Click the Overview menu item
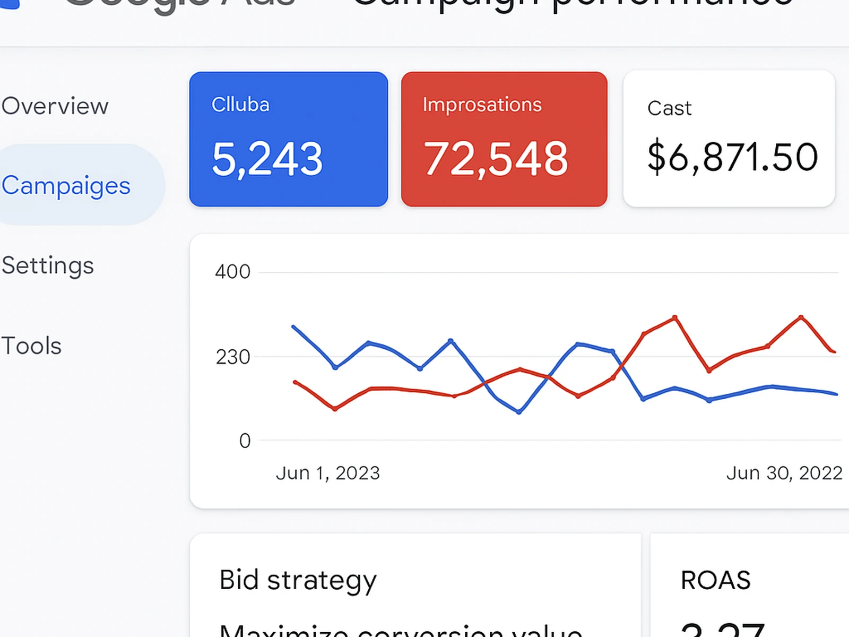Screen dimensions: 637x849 tap(55, 106)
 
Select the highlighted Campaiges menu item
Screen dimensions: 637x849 tap(66, 186)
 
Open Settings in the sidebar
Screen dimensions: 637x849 tap(48, 265)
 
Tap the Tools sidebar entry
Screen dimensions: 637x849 tap(32, 346)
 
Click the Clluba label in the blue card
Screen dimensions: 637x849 tap(240, 105)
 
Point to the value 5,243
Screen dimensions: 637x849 tap(267, 159)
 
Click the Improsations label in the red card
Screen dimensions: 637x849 tap(482, 105)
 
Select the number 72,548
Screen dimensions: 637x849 tap(496, 159)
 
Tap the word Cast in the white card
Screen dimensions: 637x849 tap(669, 108)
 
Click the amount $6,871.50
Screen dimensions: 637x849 tap(732, 157)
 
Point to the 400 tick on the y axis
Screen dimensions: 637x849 tap(232, 272)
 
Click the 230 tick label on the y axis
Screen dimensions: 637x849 tap(232, 357)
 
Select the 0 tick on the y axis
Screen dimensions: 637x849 tap(245, 441)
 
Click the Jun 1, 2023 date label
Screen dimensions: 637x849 tap(328, 473)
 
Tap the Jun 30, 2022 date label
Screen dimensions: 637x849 tap(784, 473)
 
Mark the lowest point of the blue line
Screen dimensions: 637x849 tap(519, 412)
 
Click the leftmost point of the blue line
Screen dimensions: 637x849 tap(293, 326)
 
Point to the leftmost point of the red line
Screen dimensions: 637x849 tap(295, 382)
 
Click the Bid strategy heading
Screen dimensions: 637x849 tap(298, 580)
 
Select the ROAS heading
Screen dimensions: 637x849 tap(715, 580)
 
